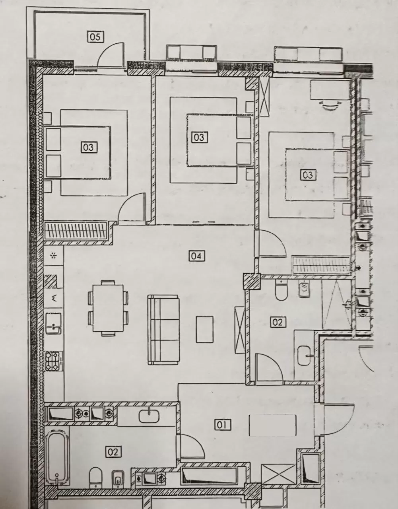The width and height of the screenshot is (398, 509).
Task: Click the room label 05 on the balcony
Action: coord(95,37)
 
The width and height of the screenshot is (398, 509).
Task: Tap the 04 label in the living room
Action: coord(196,256)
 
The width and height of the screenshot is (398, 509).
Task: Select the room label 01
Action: coord(223,425)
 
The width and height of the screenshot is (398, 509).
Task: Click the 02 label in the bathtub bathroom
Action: coord(113,452)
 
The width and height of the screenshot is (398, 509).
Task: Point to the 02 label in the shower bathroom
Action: coord(278,322)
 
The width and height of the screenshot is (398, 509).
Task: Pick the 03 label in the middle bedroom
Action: coord(199,137)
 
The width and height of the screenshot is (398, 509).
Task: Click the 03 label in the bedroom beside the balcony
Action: coord(89,147)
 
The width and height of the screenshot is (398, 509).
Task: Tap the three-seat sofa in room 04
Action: coord(163,329)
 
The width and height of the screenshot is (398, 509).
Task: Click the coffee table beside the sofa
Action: coord(205,329)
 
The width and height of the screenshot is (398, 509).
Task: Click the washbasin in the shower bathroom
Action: coord(305,352)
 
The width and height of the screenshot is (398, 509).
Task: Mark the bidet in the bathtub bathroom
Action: coord(116,479)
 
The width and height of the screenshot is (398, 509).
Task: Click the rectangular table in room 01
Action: coord(272,425)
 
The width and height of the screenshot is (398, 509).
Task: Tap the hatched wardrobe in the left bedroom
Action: coord(76,230)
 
